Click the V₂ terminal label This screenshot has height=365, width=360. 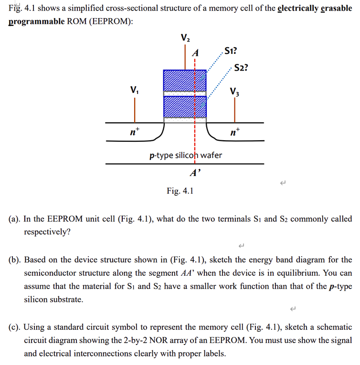point(185,38)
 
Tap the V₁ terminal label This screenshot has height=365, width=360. point(135,90)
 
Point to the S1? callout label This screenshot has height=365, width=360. point(231,52)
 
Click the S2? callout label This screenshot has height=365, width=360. point(242,68)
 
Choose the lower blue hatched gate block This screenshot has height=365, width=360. point(185,107)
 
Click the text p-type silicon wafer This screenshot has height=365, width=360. point(185,155)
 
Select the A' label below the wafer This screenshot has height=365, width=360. point(195,173)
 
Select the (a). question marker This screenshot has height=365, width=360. point(14,219)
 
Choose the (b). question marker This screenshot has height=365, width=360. point(14,260)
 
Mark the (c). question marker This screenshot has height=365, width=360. point(14,327)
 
